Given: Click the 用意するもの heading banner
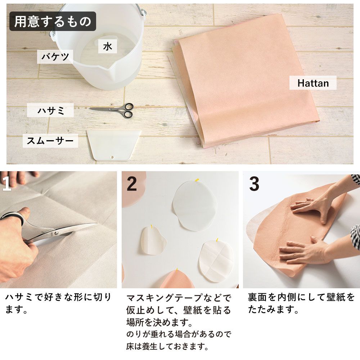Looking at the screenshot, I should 53,21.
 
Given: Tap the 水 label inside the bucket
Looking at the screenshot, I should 108,46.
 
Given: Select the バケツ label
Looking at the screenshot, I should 55,57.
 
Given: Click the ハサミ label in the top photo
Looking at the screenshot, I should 50,110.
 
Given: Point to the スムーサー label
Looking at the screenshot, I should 50,141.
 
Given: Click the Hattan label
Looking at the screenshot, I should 313,83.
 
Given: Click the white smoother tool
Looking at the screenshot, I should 113,145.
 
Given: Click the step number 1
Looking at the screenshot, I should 6,184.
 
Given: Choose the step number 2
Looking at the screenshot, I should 132,184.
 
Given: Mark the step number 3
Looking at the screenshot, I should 254,184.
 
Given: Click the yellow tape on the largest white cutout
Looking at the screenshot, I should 197,179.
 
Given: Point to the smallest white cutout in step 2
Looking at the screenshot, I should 153,241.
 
